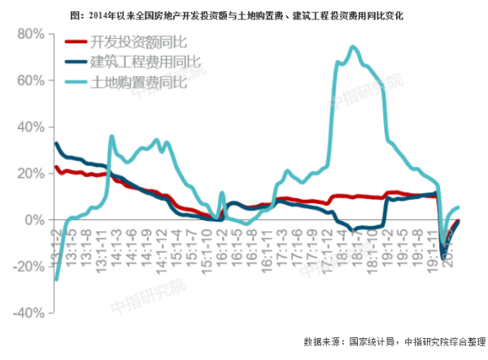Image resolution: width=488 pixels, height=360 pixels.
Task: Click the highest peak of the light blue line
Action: point(352,47)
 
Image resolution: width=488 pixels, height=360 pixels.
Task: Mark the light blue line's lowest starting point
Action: point(56,279)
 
